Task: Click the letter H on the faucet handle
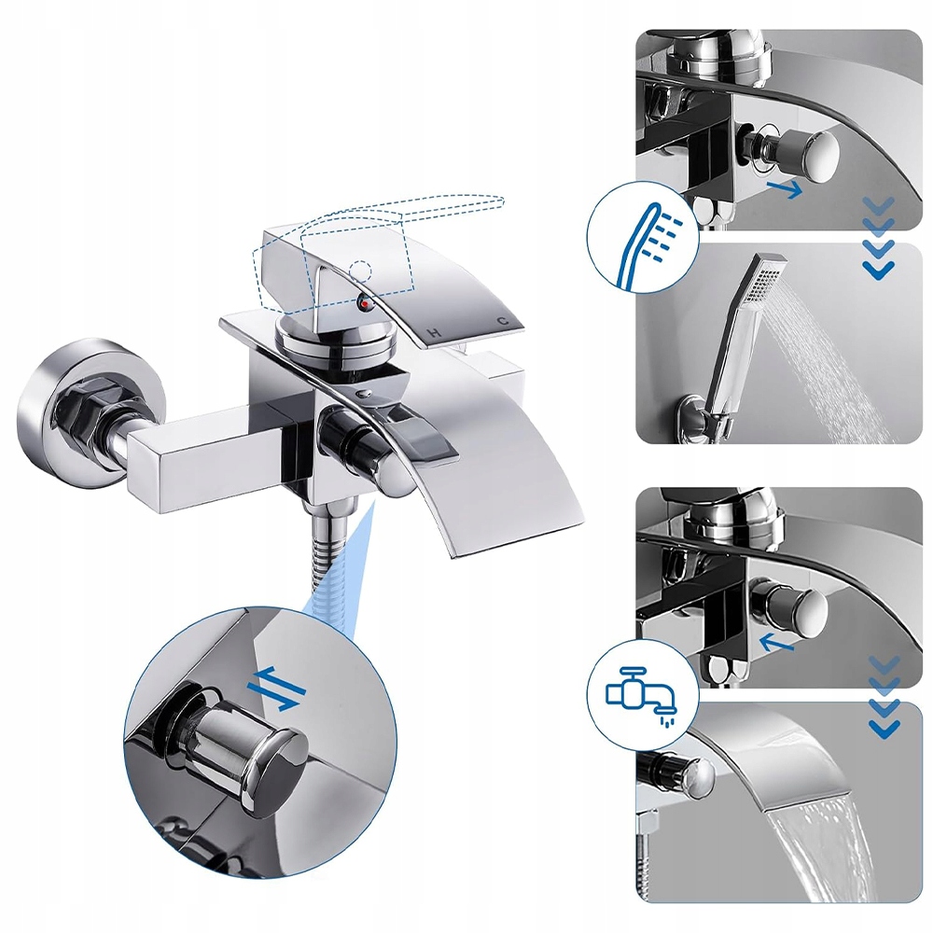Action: click(435, 333)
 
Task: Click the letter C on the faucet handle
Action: click(504, 321)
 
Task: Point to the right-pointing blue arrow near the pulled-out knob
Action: click(785, 188)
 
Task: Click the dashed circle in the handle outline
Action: click(361, 272)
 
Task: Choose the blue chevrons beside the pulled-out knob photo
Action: click(878, 237)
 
